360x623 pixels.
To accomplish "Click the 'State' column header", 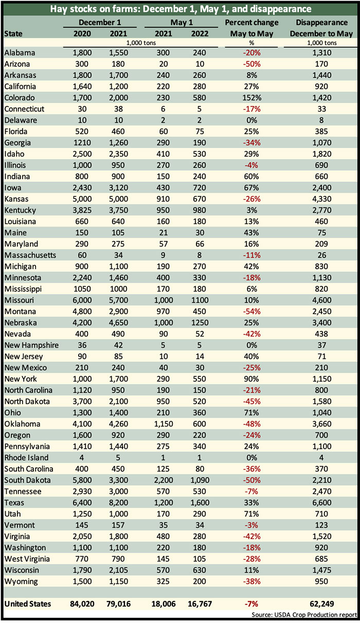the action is [13, 33].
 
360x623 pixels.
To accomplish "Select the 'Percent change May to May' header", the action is [252, 28].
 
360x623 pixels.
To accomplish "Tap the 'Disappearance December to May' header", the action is [321, 28].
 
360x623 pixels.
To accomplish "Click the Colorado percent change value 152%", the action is [252, 98].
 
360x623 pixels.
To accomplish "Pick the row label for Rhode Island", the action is [26, 457].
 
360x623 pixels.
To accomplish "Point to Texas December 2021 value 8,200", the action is [118, 503].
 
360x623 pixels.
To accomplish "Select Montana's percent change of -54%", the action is [252, 311].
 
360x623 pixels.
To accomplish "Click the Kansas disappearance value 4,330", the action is [321, 199].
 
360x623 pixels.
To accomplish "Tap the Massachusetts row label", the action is [30, 255].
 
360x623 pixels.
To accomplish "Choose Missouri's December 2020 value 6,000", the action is [82, 300].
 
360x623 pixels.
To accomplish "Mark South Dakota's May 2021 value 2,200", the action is [163, 480].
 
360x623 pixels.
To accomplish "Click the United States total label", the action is [28, 604].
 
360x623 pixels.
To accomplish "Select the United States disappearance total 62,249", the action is [321, 604].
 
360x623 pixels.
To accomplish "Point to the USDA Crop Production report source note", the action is [304, 615].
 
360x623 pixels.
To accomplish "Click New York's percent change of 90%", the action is [252, 379].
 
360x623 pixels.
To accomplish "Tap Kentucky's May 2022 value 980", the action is [200, 210].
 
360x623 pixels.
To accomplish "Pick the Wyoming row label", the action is [21, 581].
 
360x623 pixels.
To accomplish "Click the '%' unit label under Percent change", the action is [251, 43].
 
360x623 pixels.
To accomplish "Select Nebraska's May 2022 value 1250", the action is [200, 323].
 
